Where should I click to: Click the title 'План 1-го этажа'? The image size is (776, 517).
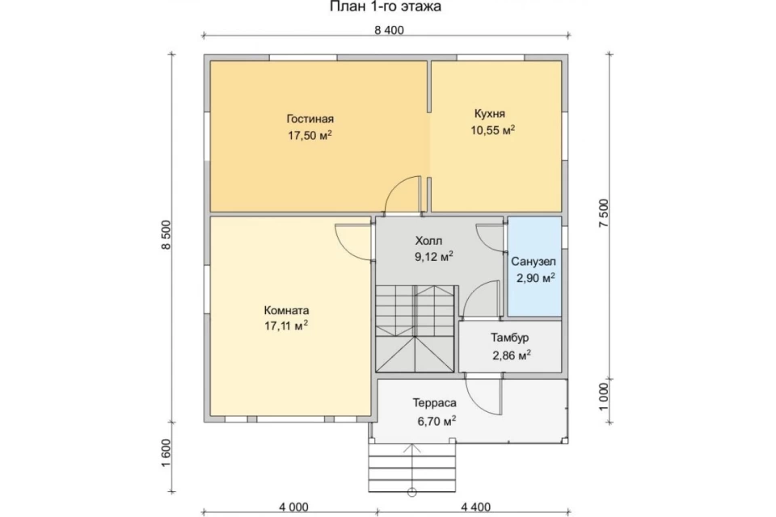point(385,7)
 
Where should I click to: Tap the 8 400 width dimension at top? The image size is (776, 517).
point(389,30)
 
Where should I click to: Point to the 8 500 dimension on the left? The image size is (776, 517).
point(167,234)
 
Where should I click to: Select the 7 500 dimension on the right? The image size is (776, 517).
point(605,213)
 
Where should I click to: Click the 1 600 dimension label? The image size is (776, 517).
point(167,452)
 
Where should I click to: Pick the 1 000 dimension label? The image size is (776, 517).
point(605,397)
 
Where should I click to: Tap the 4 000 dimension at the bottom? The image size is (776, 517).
point(293,507)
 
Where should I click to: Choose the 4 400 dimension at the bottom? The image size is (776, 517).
point(475,507)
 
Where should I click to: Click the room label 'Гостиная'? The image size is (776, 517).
point(310,119)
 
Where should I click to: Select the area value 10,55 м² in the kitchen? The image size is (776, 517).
point(493,130)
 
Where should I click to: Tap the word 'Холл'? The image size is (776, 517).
point(428,241)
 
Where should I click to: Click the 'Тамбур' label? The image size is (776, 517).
point(510,338)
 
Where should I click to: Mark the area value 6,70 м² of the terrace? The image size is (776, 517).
point(436,421)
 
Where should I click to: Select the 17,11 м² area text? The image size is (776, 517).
point(286,326)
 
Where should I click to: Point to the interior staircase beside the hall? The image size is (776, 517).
point(415,329)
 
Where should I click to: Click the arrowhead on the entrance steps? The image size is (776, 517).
point(411,448)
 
